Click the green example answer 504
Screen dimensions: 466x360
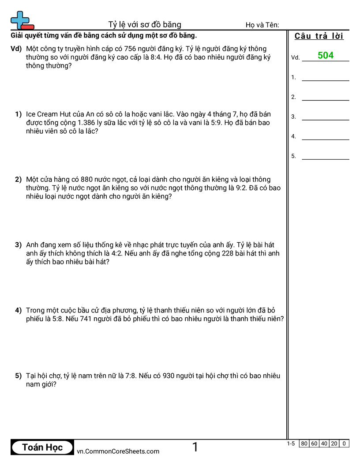point(326,56)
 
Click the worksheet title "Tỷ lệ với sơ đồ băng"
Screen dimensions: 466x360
point(145,25)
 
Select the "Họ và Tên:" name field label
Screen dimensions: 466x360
point(262,25)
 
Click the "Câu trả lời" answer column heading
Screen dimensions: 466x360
point(319,36)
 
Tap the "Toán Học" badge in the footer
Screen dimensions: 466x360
point(42,447)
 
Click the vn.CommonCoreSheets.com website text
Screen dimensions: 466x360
point(118,451)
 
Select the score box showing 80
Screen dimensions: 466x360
point(304,443)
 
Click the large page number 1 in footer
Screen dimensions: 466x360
point(195,447)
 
